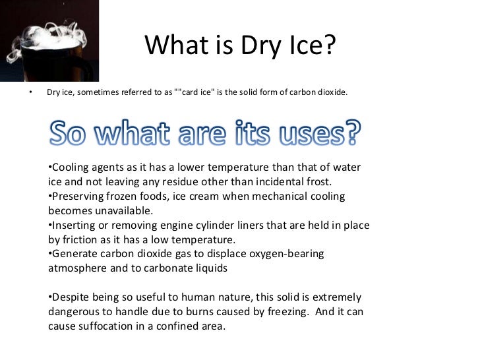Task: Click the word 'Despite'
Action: (x=71, y=297)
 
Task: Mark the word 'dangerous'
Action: (x=76, y=311)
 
